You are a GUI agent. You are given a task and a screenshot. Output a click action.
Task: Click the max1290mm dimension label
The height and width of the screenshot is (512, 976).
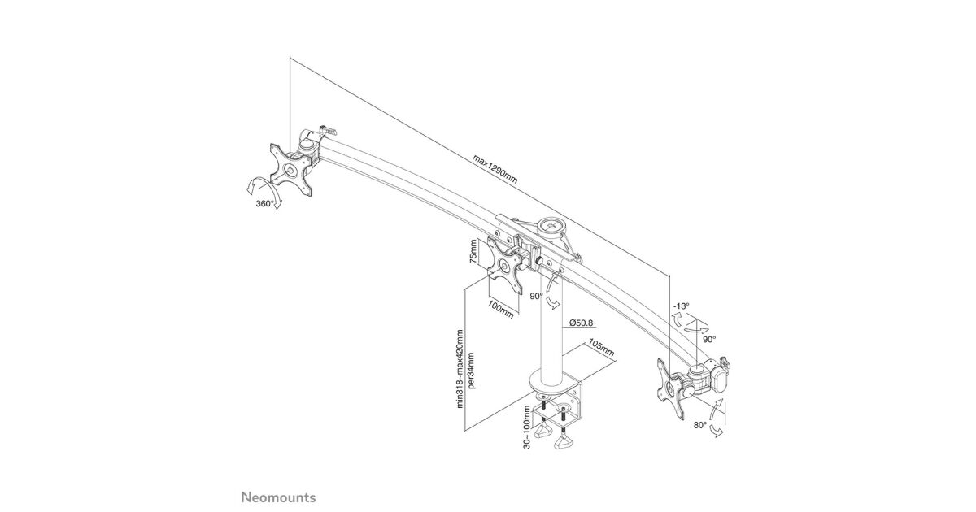tap(495, 169)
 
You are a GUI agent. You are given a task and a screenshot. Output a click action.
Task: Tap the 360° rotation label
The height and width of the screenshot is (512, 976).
tap(264, 203)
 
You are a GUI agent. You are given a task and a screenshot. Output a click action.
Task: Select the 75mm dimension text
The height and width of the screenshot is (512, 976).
tap(473, 252)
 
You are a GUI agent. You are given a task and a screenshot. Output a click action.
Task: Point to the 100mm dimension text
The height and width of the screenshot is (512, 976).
tap(501, 309)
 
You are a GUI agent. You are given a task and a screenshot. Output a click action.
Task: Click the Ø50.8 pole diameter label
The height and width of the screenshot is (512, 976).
tap(582, 323)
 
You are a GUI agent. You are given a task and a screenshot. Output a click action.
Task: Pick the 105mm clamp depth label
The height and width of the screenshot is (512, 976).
tap(601, 348)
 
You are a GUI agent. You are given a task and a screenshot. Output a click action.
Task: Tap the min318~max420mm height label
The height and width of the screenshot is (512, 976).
tap(460, 368)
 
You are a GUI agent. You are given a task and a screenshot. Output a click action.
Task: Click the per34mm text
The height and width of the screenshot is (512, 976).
tap(471, 370)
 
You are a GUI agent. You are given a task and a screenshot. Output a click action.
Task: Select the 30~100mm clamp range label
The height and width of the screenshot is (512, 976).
tap(528, 427)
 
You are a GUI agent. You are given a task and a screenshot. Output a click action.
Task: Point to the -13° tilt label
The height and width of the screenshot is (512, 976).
tap(681, 306)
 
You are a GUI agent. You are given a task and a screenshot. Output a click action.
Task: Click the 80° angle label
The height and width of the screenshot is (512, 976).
tap(700, 425)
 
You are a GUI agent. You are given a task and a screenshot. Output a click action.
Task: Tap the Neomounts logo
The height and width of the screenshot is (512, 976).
tap(279, 497)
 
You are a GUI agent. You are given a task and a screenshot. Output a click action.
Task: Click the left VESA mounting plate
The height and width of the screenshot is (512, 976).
tap(291, 170)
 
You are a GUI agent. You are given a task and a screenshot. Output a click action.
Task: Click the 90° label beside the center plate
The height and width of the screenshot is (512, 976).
tap(536, 296)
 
